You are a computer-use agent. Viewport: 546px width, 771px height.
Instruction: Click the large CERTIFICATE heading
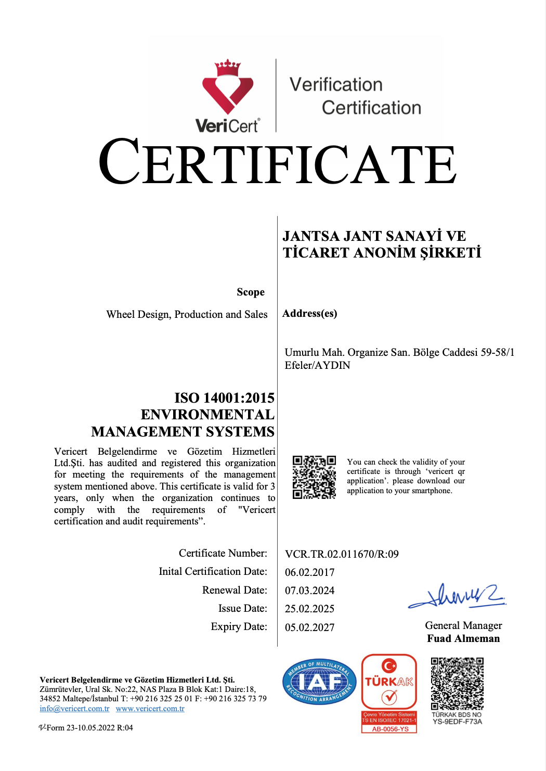278,162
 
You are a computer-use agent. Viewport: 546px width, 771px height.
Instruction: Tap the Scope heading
251,292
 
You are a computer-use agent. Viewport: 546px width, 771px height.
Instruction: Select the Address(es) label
309,313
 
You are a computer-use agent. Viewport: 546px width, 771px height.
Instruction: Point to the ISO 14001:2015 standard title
224,398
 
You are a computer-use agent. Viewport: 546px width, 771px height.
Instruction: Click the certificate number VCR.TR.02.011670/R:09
342,554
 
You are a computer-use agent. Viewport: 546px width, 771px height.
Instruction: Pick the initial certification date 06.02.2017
309,572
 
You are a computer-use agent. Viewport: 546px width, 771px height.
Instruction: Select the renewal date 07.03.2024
309,590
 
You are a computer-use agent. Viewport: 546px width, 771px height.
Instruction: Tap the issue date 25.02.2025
309,609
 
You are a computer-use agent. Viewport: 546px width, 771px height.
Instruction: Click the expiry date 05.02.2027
309,627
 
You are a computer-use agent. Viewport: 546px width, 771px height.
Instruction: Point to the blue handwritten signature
457,596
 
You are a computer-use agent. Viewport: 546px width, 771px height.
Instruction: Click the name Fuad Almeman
463,638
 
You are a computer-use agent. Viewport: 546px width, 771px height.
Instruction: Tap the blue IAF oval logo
319,682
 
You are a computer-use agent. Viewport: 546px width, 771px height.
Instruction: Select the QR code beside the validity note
314,477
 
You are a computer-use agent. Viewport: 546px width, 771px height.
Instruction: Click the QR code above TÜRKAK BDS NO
457,683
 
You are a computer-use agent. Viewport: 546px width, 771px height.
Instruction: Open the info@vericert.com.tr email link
74,709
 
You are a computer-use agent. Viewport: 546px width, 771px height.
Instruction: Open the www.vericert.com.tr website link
150,709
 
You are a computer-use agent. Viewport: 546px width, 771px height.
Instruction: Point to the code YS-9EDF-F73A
457,722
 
